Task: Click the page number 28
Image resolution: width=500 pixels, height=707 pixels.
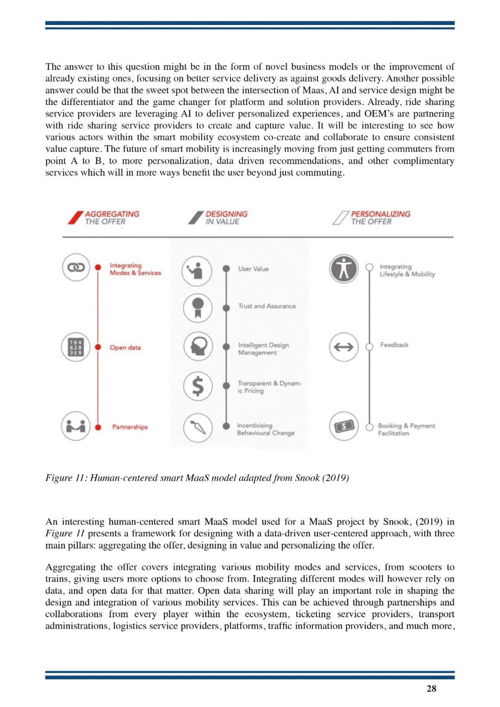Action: click(x=431, y=688)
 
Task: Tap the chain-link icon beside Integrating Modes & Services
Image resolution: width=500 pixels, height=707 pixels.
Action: click(x=76, y=267)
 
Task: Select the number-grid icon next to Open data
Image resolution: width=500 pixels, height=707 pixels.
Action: click(x=76, y=347)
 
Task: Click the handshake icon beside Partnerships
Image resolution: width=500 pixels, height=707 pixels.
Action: click(x=76, y=426)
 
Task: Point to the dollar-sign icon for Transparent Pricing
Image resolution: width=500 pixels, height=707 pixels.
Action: click(x=198, y=386)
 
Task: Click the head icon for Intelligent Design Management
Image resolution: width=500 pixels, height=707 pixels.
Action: click(x=198, y=346)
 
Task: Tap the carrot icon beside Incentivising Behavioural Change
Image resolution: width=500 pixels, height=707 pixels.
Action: click(x=198, y=428)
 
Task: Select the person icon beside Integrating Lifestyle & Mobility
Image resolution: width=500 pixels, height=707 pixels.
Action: click(x=344, y=268)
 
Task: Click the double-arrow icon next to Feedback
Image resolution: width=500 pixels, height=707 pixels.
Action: click(x=344, y=347)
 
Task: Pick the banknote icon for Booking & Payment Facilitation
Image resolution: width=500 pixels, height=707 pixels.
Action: click(x=344, y=426)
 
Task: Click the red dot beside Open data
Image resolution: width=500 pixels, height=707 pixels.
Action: click(x=98, y=347)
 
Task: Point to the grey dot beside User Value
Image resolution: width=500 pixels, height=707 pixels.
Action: click(x=226, y=269)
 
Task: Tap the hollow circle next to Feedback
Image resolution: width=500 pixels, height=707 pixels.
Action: click(x=369, y=347)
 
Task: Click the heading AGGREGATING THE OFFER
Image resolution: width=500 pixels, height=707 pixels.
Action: click(x=112, y=218)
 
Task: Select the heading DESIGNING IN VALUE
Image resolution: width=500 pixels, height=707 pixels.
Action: click(x=226, y=218)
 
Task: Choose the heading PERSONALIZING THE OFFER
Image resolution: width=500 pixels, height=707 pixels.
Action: click(x=380, y=218)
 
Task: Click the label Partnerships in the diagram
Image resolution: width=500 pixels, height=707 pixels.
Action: click(x=130, y=427)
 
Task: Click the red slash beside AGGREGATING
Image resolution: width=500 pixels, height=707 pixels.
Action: click(x=75, y=217)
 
